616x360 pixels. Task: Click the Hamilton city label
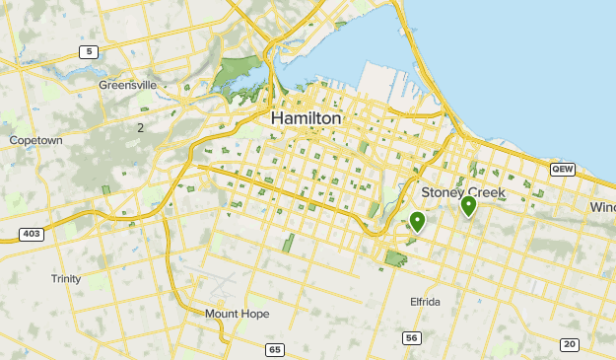(306, 118)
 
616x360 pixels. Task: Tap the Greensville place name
(127, 85)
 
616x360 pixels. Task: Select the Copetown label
(35, 141)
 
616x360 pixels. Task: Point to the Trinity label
(66, 279)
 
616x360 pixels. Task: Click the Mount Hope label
(237, 314)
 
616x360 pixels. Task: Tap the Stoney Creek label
(463, 192)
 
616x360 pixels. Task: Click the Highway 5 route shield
(90, 51)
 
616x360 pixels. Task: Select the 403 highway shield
(30, 234)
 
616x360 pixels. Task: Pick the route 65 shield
(275, 350)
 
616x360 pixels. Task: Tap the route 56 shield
(412, 338)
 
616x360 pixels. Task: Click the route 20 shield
(569, 343)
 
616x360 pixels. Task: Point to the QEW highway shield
(562, 169)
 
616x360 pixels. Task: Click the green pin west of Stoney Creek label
(417, 222)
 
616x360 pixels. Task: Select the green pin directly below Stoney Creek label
(468, 206)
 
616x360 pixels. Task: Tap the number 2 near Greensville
(141, 127)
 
